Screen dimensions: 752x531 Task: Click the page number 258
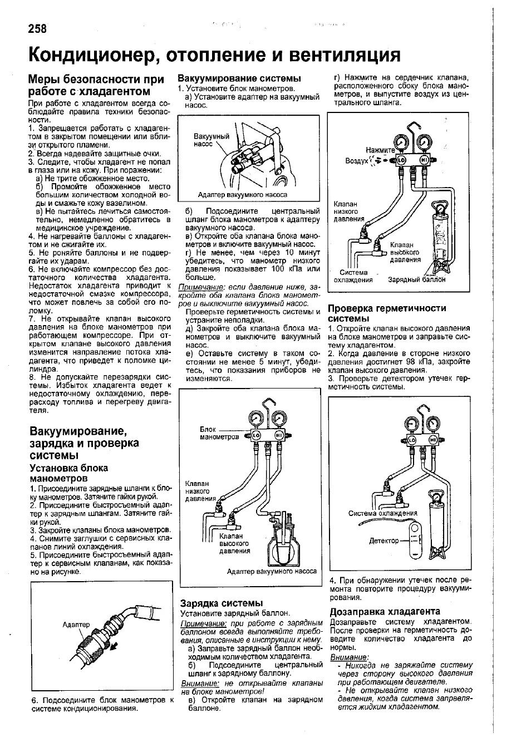pyautogui.click(x=36, y=28)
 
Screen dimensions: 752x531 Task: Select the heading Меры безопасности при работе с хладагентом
pyautogui.click(x=96, y=85)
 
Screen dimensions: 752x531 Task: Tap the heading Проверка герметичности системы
pyautogui.click(x=387, y=313)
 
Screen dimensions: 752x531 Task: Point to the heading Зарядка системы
pyautogui.click(x=221, y=603)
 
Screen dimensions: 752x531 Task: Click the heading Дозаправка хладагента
pyautogui.click(x=385, y=611)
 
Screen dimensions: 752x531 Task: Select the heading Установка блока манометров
pyautogui.click(x=68, y=473)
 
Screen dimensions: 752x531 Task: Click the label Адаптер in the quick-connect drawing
pyautogui.click(x=76, y=625)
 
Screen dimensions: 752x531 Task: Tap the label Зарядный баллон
pyautogui.click(x=416, y=280)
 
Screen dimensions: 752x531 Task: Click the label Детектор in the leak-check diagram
pyautogui.click(x=384, y=540)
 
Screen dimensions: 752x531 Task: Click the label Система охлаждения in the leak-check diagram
pyautogui.click(x=382, y=513)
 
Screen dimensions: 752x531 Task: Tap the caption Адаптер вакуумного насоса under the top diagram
pyautogui.click(x=242, y=195)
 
